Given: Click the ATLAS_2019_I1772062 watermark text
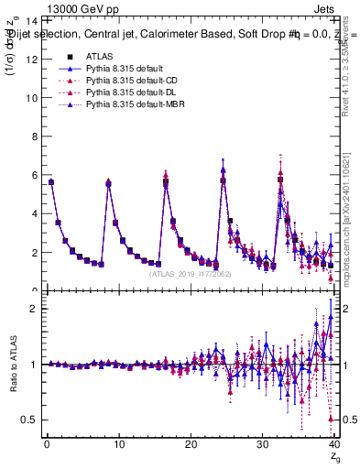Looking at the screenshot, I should tap(191, 273).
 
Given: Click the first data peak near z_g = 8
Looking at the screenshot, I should tap(108, 183).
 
